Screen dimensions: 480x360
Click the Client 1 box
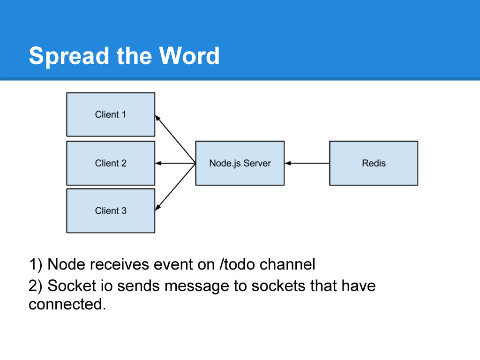tap(111, 114)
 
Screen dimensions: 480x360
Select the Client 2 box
tap(111, 163)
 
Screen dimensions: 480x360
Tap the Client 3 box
tap(111, 210)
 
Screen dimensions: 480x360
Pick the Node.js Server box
tap(240, 163)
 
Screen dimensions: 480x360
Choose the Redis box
tap(374, 163)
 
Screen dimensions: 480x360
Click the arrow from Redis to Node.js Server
tap(307, 163)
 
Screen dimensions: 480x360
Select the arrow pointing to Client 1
tap(175, 139)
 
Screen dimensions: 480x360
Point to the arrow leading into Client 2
tap(175, 163)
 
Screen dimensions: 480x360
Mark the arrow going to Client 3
tap(175, 187)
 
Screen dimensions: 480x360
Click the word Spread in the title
tap(69, 56)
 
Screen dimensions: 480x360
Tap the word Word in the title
tap(189, 56)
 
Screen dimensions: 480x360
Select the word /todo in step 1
tap(237, 264)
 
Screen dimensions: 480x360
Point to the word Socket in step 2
tap(72, 285)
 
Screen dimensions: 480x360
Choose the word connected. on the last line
tap(67, 304)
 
